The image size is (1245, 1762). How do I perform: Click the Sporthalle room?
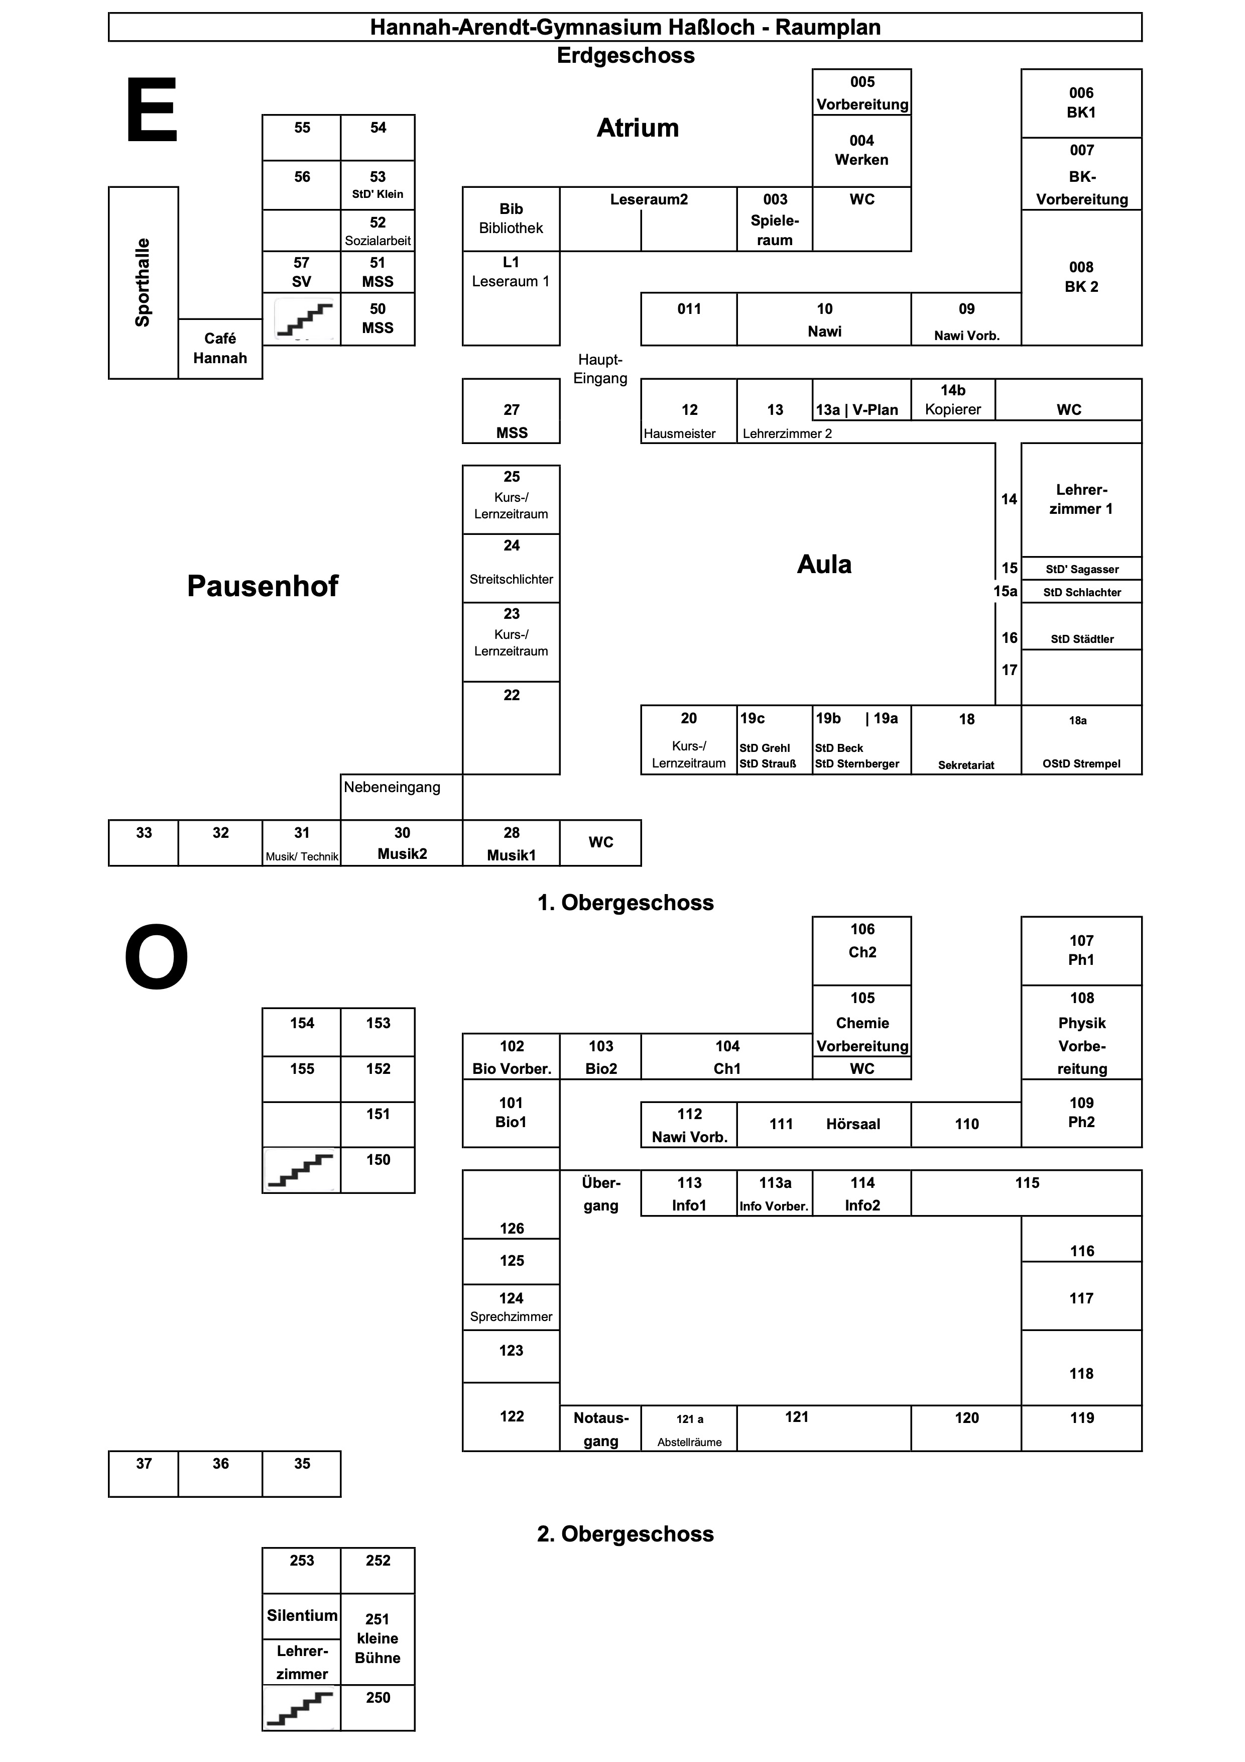click(144, 282)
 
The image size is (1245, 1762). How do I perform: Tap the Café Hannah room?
click(220, 349)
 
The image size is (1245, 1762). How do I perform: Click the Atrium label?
click(638, 128)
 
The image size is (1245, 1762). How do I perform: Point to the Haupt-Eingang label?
click(600, 369)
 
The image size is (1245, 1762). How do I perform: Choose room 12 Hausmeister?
click(689, 411)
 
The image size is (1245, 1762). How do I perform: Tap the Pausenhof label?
click(263, 586)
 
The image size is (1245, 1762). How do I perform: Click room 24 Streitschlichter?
click(511, 568)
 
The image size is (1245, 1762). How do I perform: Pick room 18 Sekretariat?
click(966, 740)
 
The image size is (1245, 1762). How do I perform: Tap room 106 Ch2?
click(861, 950)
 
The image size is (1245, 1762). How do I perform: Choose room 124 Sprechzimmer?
click(511, 1307)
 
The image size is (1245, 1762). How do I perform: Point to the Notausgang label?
click(600, 1429)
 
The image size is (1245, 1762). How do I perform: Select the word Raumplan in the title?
click(828, 28)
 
